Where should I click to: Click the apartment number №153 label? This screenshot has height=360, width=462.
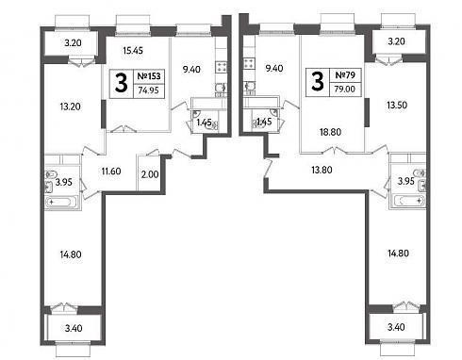coord(149,76)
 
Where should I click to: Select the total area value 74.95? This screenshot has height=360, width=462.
coord(149,90)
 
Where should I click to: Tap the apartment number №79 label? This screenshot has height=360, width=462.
coord(345,75)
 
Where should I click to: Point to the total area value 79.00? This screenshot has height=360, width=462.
coord(345,89)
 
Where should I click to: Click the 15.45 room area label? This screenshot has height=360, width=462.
coord(133,50)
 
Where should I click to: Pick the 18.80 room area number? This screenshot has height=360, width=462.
coord(330,132)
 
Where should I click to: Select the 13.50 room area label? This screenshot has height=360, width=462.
coord(397,105)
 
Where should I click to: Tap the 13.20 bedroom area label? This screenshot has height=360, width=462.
coord(70,106)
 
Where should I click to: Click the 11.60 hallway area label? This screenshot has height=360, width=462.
coord(111,172)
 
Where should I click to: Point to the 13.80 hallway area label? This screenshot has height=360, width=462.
coord(322,170)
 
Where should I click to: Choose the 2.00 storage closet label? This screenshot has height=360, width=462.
coord(150,174)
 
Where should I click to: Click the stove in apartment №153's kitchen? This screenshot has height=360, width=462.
coord(221,67)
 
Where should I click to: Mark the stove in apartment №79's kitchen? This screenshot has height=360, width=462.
coord(249,63)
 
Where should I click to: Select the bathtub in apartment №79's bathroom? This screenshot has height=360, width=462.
coord(408,201)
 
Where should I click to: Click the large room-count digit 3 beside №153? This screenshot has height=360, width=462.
coord(122,83)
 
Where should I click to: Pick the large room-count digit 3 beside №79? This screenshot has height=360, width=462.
coord(318,81)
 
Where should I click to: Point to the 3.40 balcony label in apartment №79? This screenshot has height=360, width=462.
coord(396,327)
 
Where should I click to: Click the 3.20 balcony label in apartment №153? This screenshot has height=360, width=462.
coord(73,42)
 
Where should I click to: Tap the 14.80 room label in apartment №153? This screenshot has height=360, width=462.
coord(71,254)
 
